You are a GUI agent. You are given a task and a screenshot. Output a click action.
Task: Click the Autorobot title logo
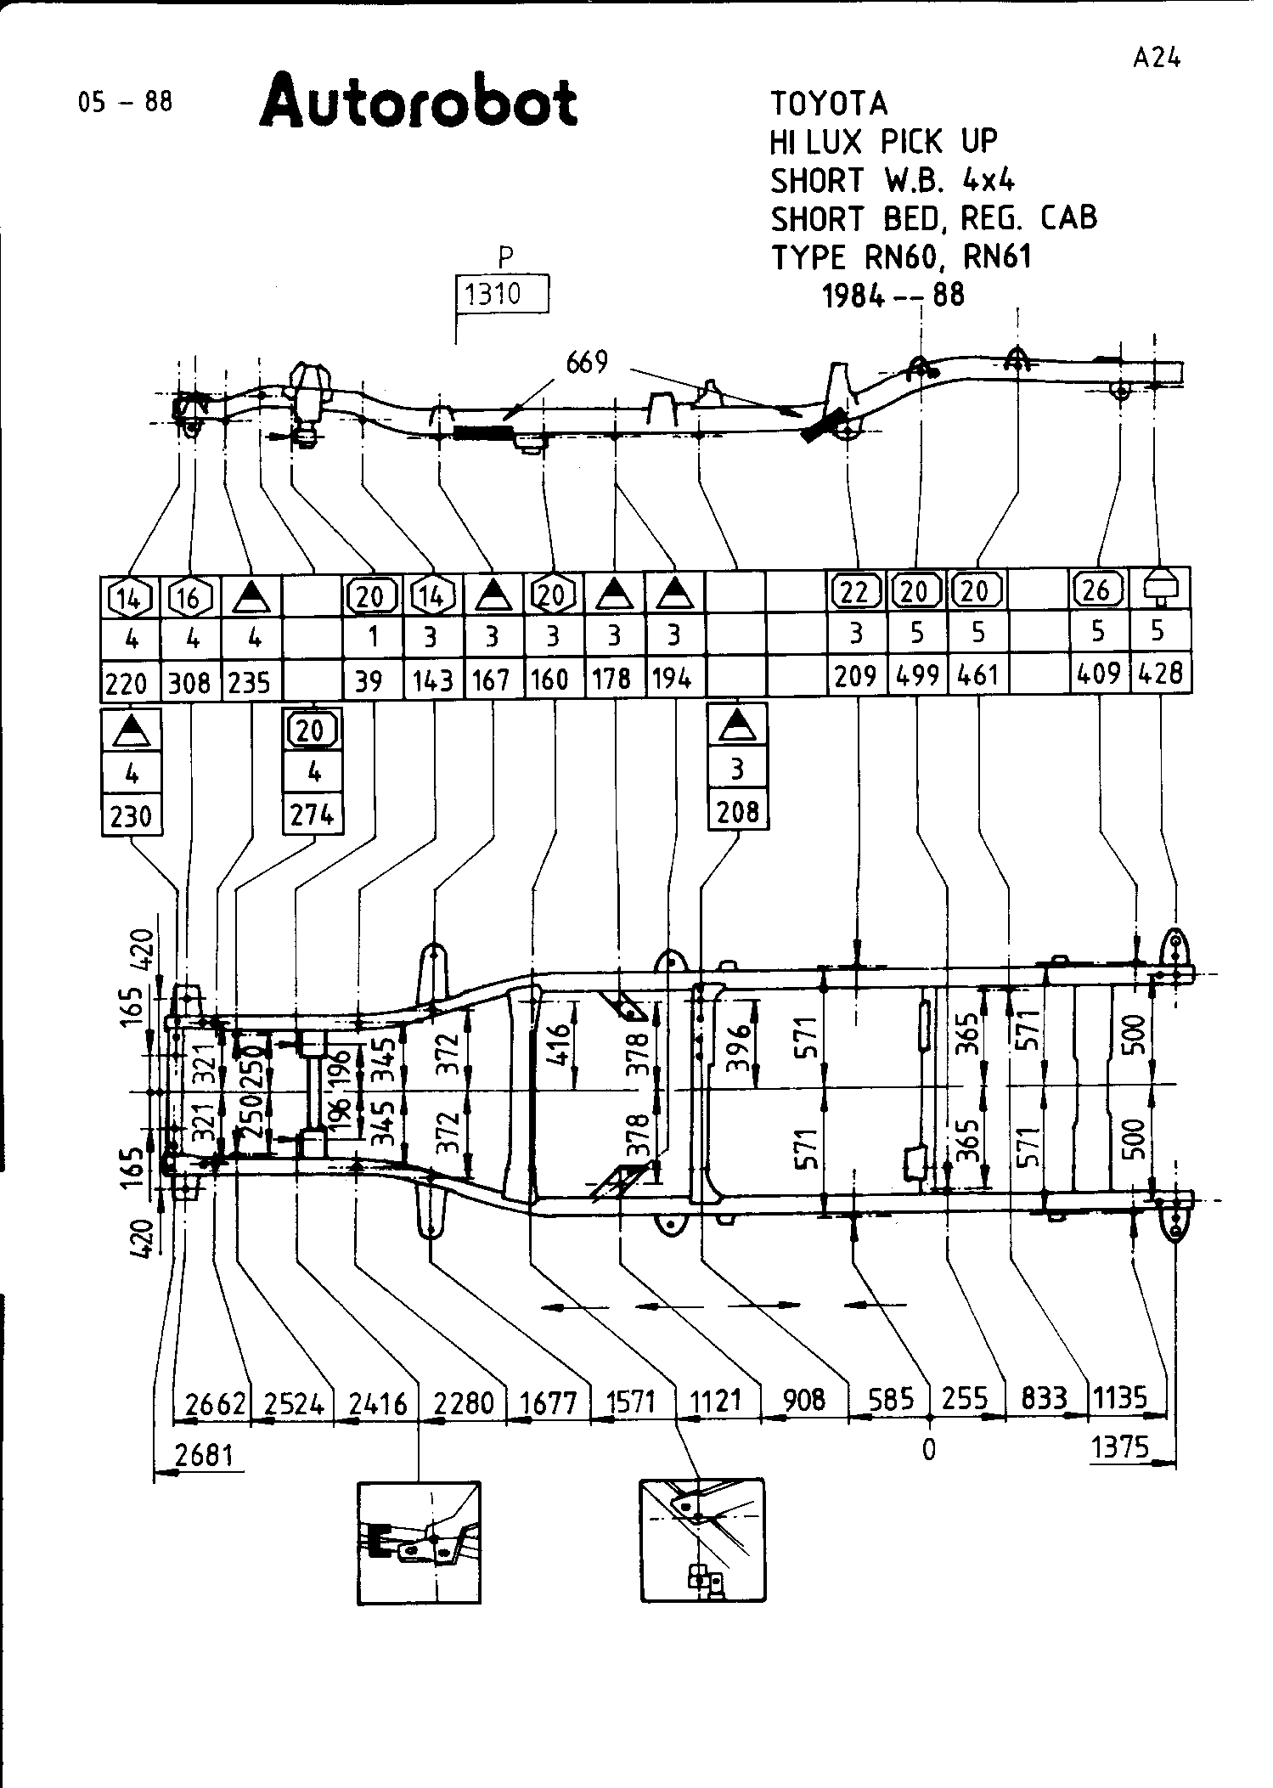pyautogui.click(x=419, y=103)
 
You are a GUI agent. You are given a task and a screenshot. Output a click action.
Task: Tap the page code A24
pyautogui.click(x=1156, y=58)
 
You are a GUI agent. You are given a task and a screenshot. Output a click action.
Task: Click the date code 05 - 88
pyautogui.click(x=125, y=102)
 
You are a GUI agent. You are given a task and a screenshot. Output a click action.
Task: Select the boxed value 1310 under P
pyautogui.click(x=502, y=295)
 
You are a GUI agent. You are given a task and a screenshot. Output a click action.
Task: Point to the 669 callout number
pyautogui.click(x=587, y=363)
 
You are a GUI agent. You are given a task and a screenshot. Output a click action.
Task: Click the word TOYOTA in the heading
pyautogui.click(x=829, y=104)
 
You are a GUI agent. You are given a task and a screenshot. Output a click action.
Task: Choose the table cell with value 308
pyautogui.click(x=189, y=682)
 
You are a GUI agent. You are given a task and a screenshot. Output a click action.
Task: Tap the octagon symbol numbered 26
pyautogui.click(x=1098, y=589)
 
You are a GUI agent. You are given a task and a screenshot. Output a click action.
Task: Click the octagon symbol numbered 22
pyautogui.click(x=855, y=591)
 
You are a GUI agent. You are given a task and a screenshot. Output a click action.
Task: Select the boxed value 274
pyautogui.click(x=313, y=815)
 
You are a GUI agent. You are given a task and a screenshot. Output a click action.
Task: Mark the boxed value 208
pyautogui.click(x=737, y=812)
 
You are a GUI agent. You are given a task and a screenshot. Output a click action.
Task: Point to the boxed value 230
pyautogui.click(x=131, y=816)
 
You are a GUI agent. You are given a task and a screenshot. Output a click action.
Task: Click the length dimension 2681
pyautogui.click(x=204, y=1454)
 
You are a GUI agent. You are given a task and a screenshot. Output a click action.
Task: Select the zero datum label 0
pyautogui.click(x=929, y=1450)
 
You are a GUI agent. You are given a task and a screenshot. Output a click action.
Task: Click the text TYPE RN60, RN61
pyautogui.click(x=901, y=257)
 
